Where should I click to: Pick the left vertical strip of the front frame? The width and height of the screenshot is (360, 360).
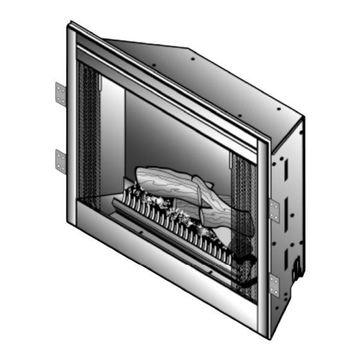click(x=71, y=129)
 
